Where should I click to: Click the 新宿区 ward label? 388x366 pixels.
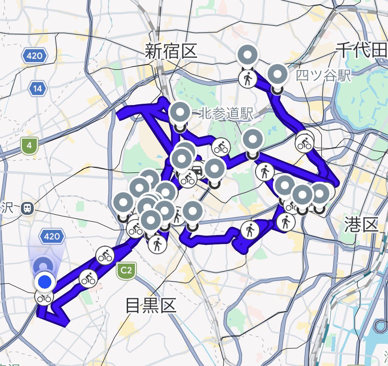tap(171, 52)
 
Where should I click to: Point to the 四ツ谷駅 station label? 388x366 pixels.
tap(323, 76)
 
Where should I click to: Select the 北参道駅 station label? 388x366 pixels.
tap(226, 114)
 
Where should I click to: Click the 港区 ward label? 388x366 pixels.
tap(361, 225)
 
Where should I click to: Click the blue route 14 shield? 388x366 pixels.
tap(37, 89)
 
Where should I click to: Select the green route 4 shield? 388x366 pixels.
tap(30, 146)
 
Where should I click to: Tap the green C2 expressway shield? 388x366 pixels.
tap(126, 270)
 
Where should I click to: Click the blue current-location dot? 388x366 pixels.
tap(45, 282)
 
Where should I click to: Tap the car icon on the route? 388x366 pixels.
tap(198, 170)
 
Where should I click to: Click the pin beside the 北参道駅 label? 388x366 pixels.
tap(179, 113)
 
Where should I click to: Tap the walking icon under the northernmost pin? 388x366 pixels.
tap(248, 80)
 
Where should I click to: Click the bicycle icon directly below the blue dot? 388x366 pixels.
tap(44, 298)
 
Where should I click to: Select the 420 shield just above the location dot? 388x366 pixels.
tap(52, 236)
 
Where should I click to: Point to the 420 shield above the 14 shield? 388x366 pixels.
tap(34, 56)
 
